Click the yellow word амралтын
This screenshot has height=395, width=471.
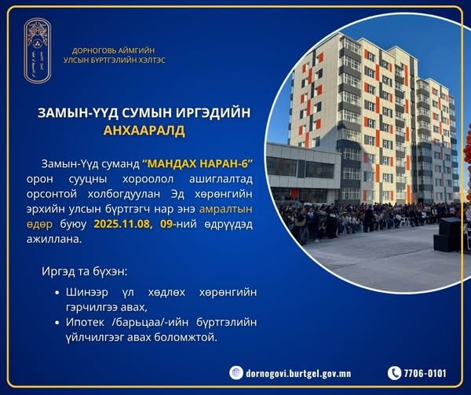(x=230, y=210)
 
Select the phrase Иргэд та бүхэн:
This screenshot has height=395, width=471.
(x=83, y=271)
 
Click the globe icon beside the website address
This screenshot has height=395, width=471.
(x=236, y=373)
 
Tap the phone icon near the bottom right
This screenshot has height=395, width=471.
(x=395, y=373)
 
